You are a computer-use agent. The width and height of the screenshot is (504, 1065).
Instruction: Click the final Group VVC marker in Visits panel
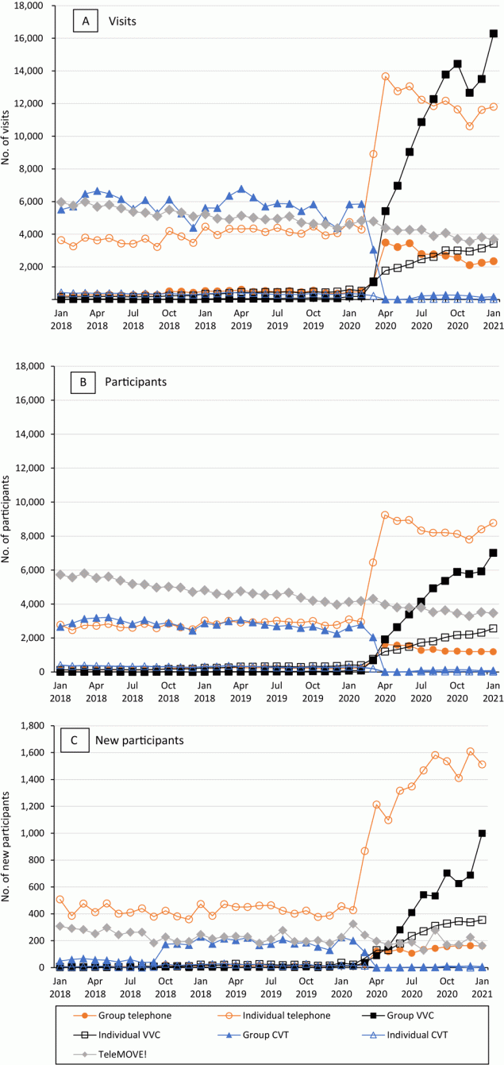[x=493, y=33]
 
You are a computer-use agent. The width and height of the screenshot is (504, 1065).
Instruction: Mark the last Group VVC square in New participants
[x=483, y=833]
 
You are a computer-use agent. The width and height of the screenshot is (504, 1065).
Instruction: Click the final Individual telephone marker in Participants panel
[x=493, y=523]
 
